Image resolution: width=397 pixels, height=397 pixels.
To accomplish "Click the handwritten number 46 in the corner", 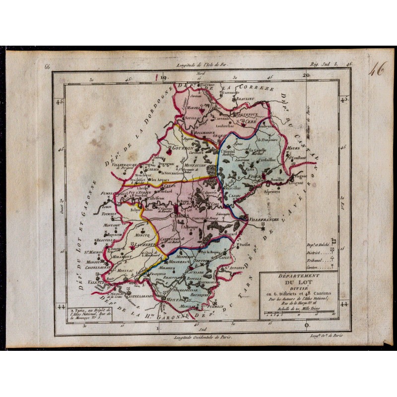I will point(377,70).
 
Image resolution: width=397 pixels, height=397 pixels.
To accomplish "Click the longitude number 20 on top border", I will point(306,75).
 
